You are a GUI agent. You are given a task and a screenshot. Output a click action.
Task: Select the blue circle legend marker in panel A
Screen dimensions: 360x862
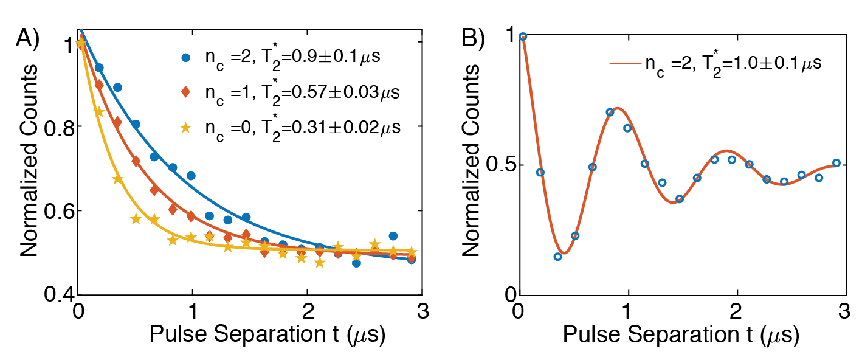coord(186,58)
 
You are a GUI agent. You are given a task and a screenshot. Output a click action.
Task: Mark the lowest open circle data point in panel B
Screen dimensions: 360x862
coord(557,257)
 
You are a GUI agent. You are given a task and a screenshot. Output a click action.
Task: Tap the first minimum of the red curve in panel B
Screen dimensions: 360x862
coord(564,253)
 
